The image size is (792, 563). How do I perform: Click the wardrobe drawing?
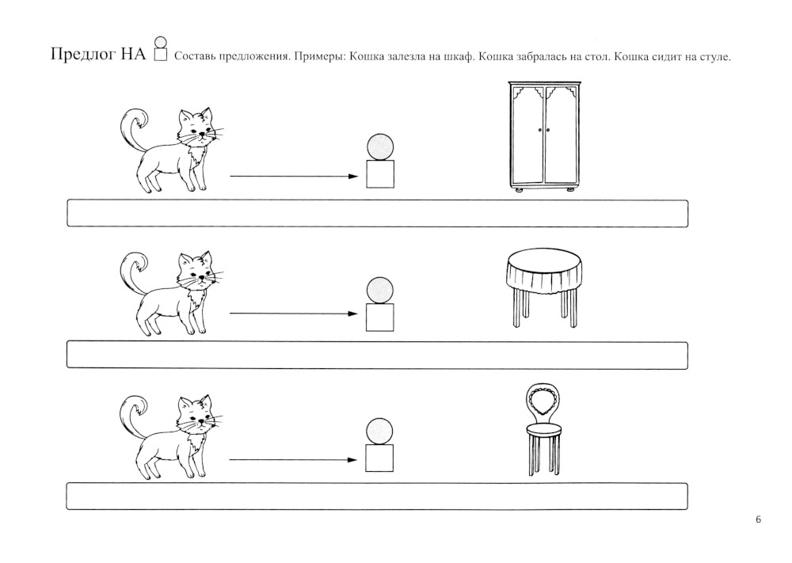click(x=544, y=136)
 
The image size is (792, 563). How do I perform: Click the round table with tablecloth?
click(x=543, y=287)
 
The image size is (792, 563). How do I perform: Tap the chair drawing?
click(x=543, y=429)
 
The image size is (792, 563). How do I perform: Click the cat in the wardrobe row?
click(x=171, y=149)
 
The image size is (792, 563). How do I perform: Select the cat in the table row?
click(x=171, y=293)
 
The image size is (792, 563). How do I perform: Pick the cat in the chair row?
click(x=171, y=437)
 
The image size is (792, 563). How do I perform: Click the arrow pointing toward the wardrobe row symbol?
click(x=294, y=177)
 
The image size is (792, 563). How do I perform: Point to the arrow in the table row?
click(x=294, y=314)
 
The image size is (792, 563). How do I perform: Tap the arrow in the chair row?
click(x=294, y=460)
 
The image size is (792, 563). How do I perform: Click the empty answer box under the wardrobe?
click(x=377, y=213)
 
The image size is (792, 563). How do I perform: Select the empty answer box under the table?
click(x=377, y=355)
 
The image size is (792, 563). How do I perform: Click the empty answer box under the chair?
click(x=377, y=496)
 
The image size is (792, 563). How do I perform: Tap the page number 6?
click(x=758, y=519)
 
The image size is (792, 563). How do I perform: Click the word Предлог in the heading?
click(x=83, y=54)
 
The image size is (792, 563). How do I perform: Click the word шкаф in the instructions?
click(x=458, y=56)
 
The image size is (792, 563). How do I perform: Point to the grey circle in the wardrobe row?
click(x=380, y=147)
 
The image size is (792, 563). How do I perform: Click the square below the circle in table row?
click(x=380, y=318)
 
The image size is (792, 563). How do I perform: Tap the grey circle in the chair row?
click(x=379, y=432)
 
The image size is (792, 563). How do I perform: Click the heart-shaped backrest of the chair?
click(x=543, y=402)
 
